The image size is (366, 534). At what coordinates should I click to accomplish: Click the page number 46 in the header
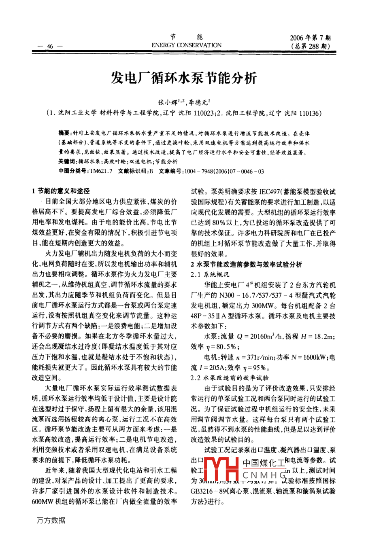tap(50, 47)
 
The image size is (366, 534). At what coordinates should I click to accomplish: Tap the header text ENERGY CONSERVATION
tap(186, 45)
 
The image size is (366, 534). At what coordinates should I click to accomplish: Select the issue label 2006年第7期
tap(311, 38)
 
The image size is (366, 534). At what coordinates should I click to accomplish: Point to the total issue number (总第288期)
tap(311, 46)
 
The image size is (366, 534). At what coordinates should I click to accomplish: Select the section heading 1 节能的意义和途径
tap(61, 191)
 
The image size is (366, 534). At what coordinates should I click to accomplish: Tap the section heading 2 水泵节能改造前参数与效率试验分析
tap(246, 265)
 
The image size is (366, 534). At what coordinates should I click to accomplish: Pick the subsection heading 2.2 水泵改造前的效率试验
tap(230, 378)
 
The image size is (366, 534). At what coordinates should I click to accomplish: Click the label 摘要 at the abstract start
tap(64, 132)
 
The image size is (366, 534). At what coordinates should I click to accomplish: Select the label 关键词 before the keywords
tap(66, 162)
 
